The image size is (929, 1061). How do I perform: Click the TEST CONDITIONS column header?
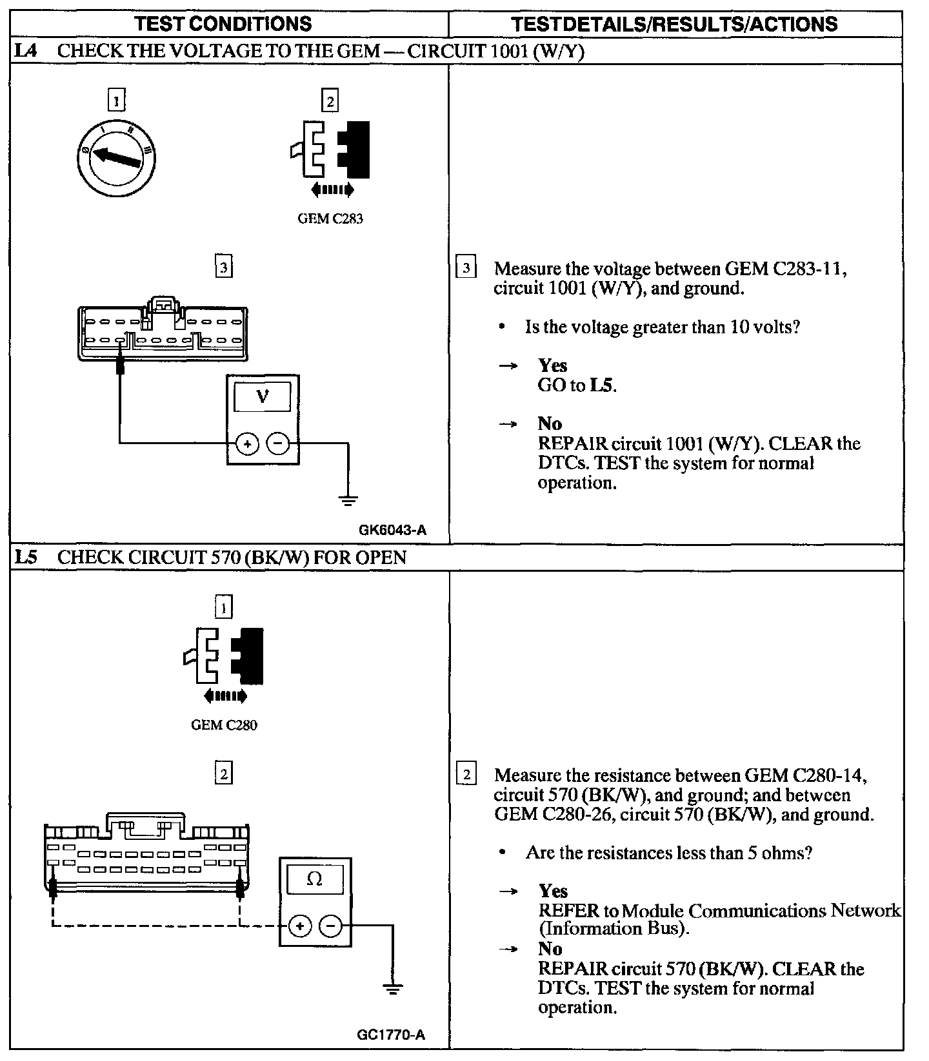pyautogui.click(x=223, y=24)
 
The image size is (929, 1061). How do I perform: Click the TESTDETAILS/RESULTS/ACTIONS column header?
pyautogui.click(x=674, y=24)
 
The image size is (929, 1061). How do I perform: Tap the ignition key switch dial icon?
pyautogui.click(x=117, y=158)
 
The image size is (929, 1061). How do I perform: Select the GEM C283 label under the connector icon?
pyautogui.click(x=330, y=219)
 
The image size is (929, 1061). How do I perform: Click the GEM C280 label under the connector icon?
pyautogui.click(x=224, y=725)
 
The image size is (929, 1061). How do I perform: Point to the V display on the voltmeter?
pyautogui.click(x=262, y=397)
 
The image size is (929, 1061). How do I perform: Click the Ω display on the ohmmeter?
pyautogui.click(x=314, y=879)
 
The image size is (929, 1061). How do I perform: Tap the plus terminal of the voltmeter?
pyautogui.click(x=246, y=443)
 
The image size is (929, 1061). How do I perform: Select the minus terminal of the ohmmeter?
pyautogui.click(x=330, y=926)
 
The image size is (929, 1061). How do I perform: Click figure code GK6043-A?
pyautogui.click(x=392, y=530)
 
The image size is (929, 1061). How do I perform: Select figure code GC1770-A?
pyautogui.click(x=390, y=1036)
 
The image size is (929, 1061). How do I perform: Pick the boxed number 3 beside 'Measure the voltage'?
pyautogui.click(x=466, y=268)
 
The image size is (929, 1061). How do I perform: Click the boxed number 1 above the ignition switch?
pyautogui.click(x=116, y=101)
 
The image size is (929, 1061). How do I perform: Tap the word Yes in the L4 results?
pyautogui.click(x=552, y=365)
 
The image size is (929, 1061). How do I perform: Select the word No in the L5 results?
pyautogui.click(x=550, y=949)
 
